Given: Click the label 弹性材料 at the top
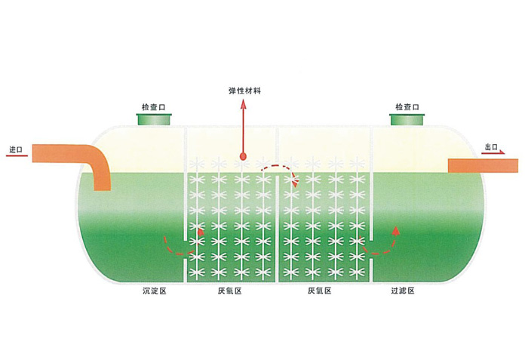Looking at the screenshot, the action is tap(245, 91).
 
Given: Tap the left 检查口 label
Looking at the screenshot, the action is tap(154, 107).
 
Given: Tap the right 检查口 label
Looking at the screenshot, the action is tap(407, 107).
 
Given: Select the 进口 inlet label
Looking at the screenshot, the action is tap(16, 150).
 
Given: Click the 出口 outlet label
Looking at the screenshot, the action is tap(491, 147).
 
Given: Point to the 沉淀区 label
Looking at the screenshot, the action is tap(155, 291).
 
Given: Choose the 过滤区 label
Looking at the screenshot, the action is tap(403, 291).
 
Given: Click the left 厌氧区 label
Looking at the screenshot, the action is tap(229, 291).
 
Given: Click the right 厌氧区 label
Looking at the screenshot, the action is tap(320, 291).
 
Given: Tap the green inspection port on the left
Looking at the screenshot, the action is tap(154, 119).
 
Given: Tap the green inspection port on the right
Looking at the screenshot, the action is tap(407, 119).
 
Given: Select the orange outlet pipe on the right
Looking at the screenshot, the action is tap(483, 165).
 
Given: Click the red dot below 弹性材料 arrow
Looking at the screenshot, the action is tap(243, 156).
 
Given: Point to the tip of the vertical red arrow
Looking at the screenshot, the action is tap(243, 99).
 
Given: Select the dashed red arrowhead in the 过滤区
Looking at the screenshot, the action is tap(396, 230).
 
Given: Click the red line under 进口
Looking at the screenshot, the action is tap(17, 155).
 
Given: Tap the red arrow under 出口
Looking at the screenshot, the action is tap(493, 152).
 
